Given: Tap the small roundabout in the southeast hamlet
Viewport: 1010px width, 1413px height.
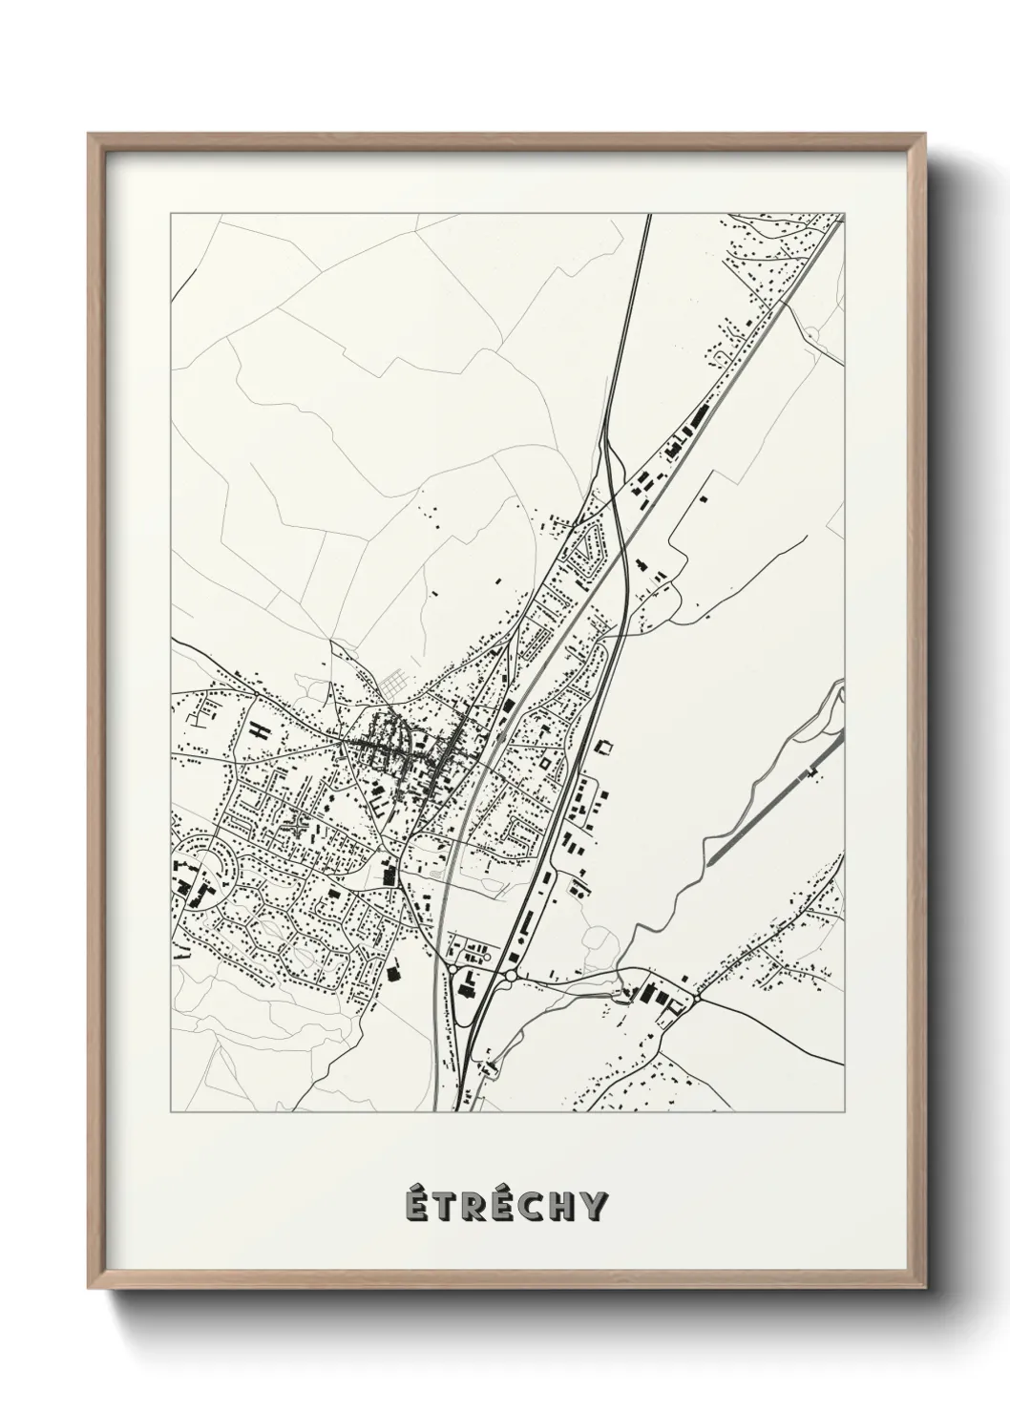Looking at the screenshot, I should point(697,996).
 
